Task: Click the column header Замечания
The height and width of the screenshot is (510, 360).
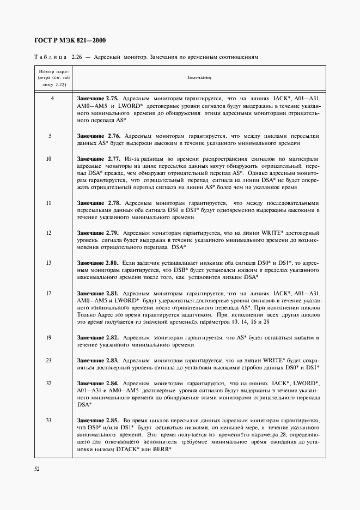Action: pos(199,78)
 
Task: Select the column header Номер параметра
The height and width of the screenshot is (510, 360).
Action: pos(50,78)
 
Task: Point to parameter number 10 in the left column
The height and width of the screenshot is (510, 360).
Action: pos(50,158)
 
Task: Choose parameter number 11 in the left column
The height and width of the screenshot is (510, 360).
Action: pos(50,203)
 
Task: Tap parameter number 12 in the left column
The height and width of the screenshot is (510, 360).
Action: pos(50,233)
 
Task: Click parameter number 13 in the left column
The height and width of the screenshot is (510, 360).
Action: pos(50,263)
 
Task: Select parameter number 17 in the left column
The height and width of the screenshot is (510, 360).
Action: pos(50,293)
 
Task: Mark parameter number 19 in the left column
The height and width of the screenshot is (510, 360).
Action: pos(50,337)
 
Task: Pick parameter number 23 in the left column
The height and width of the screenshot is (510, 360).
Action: pos(50,360)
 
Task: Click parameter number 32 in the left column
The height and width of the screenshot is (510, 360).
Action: pos(50,383)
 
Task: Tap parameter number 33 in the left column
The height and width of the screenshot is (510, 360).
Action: pos(50,420)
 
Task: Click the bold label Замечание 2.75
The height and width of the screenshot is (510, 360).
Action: pos(98,98)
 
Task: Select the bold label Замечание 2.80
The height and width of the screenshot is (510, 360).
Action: pos(98,263)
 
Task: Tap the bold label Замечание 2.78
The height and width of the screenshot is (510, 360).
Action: pos(98,203)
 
